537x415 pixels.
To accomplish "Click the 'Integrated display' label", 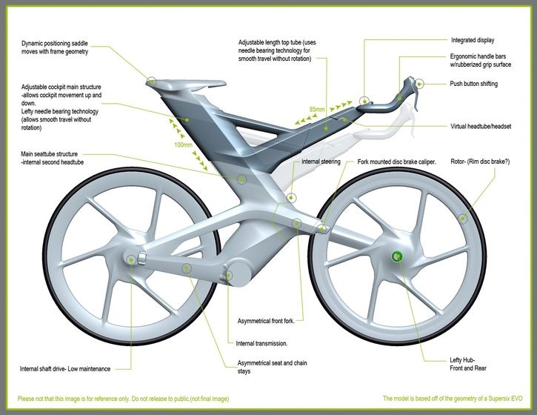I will coord(473,40).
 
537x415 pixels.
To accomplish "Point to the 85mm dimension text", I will coord(316,110).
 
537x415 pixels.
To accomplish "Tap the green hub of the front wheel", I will coord(397,257).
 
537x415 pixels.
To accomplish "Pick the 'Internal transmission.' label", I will coord(261,344).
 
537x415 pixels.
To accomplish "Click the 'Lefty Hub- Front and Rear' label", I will coord(467,364).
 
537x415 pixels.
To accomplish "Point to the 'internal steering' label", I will coord(321,161).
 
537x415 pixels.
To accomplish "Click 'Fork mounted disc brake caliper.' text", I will coord(396,161).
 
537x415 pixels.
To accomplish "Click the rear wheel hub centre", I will coord(133,259).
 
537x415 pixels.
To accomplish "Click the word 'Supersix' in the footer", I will coord(487,399).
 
